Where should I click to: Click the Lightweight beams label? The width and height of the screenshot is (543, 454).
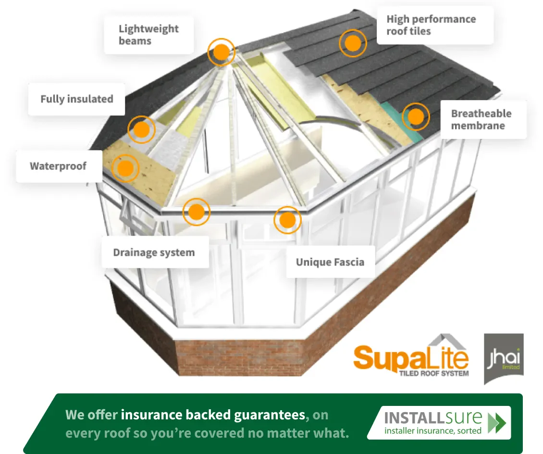point(148,35)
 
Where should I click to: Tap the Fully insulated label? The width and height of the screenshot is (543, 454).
point(77,99)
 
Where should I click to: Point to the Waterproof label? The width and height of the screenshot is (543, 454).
point(58,166)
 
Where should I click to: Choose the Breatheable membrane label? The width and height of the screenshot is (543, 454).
point(481,120)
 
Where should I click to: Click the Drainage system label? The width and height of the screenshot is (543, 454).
point(154,252)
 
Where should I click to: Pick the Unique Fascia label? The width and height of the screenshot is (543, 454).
point(330,262)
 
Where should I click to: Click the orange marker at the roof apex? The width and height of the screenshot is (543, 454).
point(222,51)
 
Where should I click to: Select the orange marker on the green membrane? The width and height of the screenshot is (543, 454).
point(416,116)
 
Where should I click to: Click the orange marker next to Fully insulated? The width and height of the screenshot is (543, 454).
point(141,129)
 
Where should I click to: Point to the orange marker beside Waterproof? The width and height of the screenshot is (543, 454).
point(125,168)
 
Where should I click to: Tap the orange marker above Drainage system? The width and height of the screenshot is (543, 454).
point(197,212)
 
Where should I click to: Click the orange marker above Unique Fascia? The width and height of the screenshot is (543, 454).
point(287,220)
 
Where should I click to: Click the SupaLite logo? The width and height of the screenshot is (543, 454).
point(411,357)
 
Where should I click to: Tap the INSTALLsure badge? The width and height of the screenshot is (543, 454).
point(438,423)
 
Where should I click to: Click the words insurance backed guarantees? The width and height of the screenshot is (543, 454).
point(213,415)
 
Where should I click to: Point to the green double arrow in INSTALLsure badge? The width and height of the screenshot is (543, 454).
point(496,422)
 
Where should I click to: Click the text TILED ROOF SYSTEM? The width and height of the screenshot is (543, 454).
point(433,373)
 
